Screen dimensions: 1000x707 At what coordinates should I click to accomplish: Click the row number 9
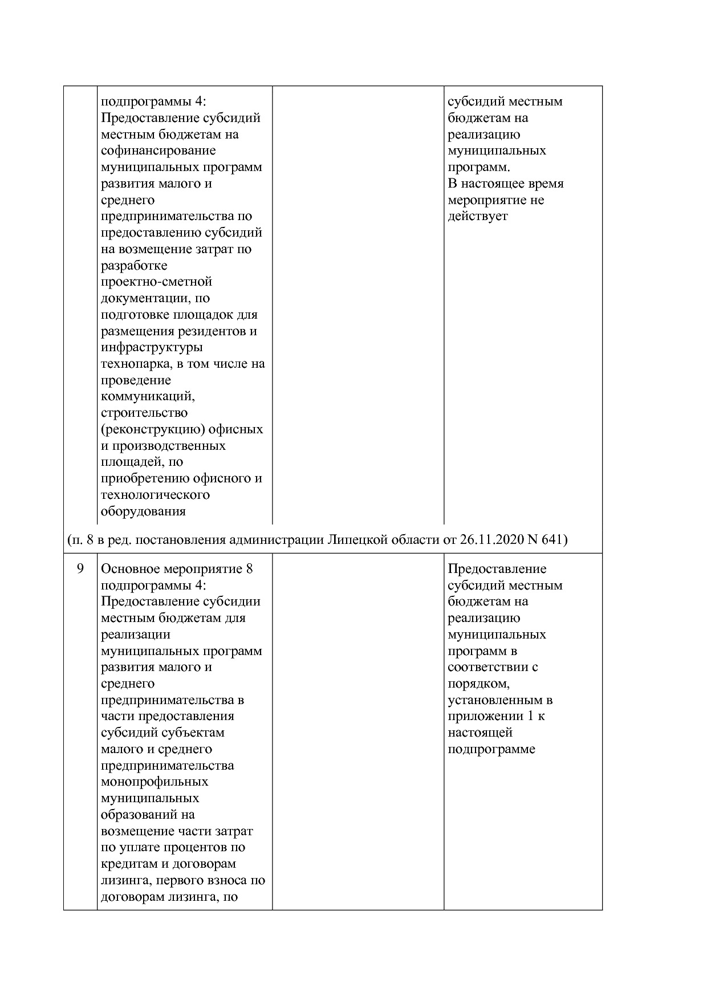(x=80, y=569)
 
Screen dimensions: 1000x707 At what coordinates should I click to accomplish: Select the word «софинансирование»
(x=159, y=151)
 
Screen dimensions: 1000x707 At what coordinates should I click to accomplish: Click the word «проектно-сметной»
(x=156, y=282)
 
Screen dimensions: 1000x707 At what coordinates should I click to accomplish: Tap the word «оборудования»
(x=143, y=511)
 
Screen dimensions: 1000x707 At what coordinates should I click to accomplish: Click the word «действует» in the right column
(x=477, y=217)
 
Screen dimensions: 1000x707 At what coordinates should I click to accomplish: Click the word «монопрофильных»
(x=155, y=782)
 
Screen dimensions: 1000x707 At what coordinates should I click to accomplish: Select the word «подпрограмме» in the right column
(x=491, y=749)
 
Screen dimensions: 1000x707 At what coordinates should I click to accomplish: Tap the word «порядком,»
(x=478, y=684)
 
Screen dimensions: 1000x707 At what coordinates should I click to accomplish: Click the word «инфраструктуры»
(x=152, y=347)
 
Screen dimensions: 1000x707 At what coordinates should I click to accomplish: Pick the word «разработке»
(x=134, y=266)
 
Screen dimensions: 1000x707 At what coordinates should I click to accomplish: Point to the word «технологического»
(x=155, y=495)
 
